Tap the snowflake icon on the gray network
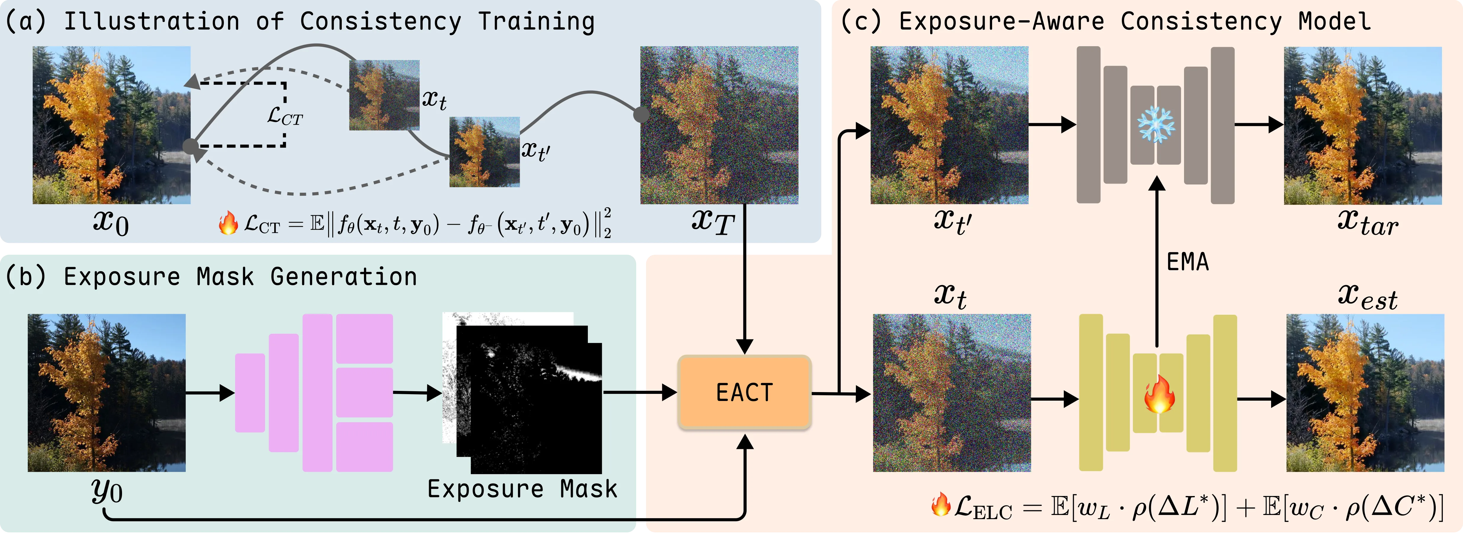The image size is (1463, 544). coord(1156,125)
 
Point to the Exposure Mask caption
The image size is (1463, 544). coord(522,489)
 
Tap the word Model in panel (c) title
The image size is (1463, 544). coord(1335,22)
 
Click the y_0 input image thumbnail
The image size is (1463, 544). coord(107,393)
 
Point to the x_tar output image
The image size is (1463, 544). coord(1363,126)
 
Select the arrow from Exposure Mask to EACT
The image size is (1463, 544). coord(640,392)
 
